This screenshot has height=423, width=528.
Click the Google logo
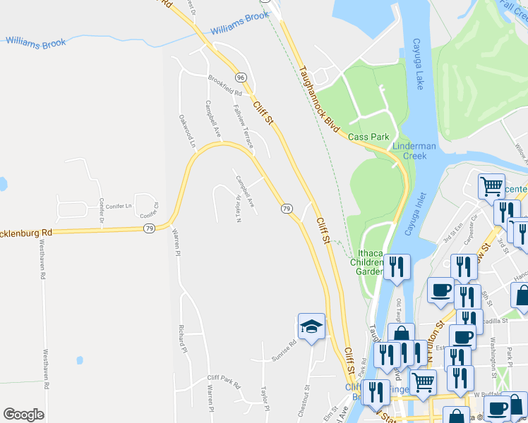[x=23, y=415]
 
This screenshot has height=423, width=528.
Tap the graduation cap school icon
[x=311, y=326]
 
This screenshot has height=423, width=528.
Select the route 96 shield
[x=241, y=77]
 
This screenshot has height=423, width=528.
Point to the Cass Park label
[x=364, y=136]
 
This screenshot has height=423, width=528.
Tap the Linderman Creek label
[x=409, y=150]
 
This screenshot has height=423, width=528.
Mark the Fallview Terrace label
[x=243, y=125]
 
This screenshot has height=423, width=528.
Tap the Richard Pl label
[x=182, y=338]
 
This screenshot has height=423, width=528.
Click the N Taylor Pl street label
[x=239, y=208]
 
